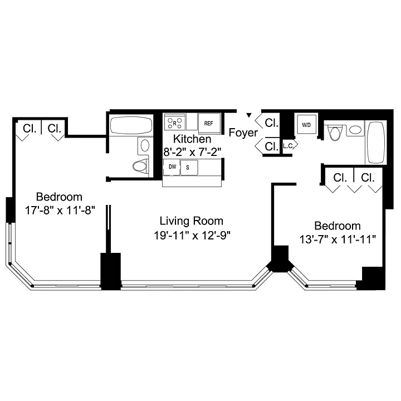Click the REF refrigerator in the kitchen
pyautogui.click(x=209, y=123)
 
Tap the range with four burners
pyautogui.click(x=175, y=122)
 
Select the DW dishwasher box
pyautogui.click(x=172, y=167)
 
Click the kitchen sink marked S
pyautogui.click(x=189, y=168)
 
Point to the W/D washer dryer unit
pyautogui.click(x=306, y=124)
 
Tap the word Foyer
pyautogui.click(x=243, y=133)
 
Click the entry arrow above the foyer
pyautogui.click(x=248, y=115)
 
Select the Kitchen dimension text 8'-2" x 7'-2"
pyautogui.click(x=192, y=153)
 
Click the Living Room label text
pyautogui.click(x=191, y=221)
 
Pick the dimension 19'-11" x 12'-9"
pyautogui.click(x=192, y=236)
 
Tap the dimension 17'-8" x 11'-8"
pyautogui.click(x=60, y=211)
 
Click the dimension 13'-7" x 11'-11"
pyautogui.click(x=338, y=240)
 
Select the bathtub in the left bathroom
pyautogui.click(x=131, y=125)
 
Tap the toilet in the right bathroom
pyautogui.click(x=335, y=133)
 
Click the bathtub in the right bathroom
pyautogui.click(x=376, y=142)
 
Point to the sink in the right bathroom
pyautogui.click(x=355, y=130)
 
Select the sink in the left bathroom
pyautogui.click(x=145, y=145)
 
